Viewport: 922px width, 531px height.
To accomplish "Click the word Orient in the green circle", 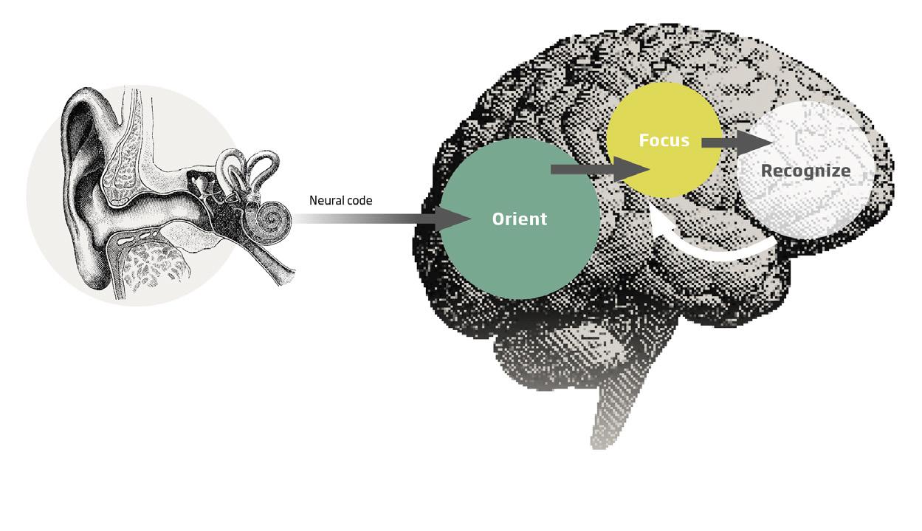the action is click(520, 219).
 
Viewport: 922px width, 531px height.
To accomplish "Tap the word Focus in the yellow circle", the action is click(664, 140).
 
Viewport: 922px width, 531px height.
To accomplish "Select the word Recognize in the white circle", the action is click(805, 171).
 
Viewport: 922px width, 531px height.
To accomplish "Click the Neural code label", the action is click(340, 200).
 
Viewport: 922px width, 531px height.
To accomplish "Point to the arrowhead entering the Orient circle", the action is click(455, 219).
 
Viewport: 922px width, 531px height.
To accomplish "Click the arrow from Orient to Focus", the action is click(598, 170).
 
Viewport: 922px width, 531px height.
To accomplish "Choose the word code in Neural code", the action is click(359, 200).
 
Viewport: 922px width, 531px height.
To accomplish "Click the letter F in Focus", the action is click(644, 140).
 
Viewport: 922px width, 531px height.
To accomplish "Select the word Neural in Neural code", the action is click(326, 200).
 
